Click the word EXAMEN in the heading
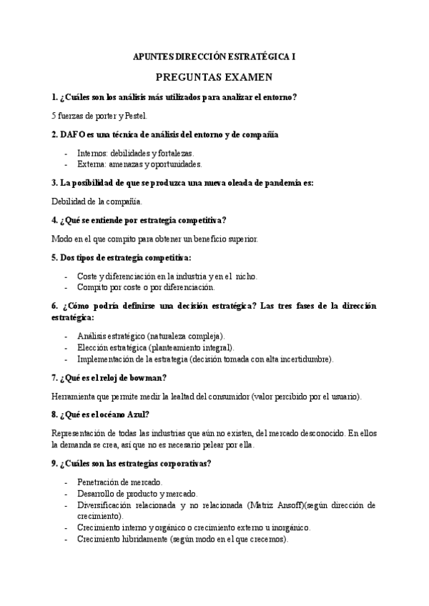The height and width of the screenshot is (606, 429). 243,77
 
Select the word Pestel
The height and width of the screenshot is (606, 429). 134,115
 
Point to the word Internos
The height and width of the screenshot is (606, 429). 93,152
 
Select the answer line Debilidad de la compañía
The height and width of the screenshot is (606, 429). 97,201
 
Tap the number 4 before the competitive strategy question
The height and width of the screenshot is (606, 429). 55,219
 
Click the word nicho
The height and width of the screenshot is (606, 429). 246,276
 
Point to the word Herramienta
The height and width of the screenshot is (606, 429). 77,396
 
